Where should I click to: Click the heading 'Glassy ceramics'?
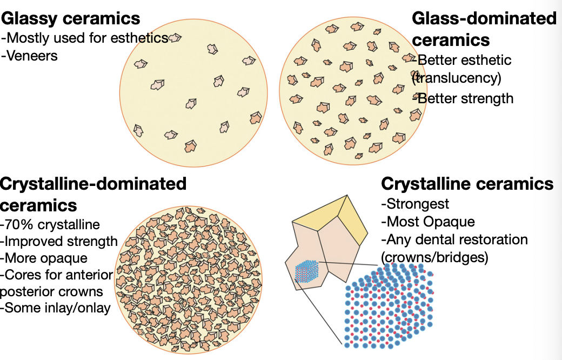tap(71, 18)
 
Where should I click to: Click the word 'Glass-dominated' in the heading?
tap(484, 18)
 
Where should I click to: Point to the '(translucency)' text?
tap(457, 78)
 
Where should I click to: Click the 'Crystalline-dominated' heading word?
tap(93, 183)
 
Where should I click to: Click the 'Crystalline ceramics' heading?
tap(467, 184)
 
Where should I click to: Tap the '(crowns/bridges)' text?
tap(434, 257)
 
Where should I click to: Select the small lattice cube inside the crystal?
tap(306, 271)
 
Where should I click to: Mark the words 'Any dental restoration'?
tap(457, 239)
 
